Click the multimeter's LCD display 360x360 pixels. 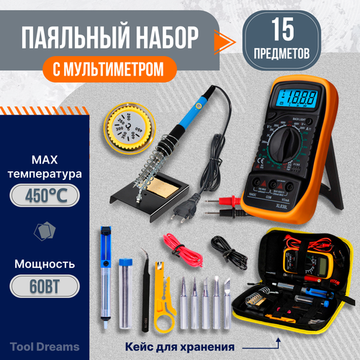coord(297,96)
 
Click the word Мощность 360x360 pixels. coord(47,261)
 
